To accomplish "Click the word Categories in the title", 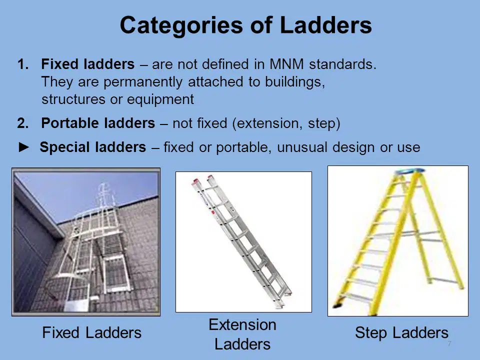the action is tap(181, 25).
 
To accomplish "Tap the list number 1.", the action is tap(23, 64).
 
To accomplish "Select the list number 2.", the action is tap(23, 123).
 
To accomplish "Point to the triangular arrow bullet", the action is tap(24, 147).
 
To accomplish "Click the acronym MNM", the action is tap(286, 64).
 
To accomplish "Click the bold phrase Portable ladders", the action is tap(98, 123).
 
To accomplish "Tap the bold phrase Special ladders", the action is tap(93, 147).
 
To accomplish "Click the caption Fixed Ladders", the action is tap(92, 333).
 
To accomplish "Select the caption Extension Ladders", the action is tap(242, 334).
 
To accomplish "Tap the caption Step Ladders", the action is tap(401, 333).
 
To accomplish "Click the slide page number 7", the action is tap(449, 343).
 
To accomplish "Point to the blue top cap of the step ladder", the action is tap(409, 171).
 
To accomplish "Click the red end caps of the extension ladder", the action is tap(202, 179).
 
